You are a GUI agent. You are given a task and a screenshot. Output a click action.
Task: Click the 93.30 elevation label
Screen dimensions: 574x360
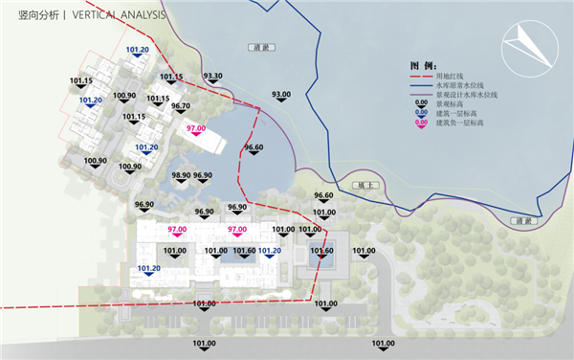(213, 76)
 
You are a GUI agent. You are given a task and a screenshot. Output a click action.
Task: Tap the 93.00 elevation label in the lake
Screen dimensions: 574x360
(281, 94)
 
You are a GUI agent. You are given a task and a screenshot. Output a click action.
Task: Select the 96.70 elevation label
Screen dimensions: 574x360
(181, 106)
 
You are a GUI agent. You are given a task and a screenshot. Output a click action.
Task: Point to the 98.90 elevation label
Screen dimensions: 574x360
(180, 175)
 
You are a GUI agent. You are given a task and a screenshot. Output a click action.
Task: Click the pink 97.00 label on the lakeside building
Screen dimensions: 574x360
(197, 128)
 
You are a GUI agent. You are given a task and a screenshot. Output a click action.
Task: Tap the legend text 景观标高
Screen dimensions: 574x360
(451, 103)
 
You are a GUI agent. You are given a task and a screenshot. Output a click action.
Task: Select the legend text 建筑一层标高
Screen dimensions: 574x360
(457, 113)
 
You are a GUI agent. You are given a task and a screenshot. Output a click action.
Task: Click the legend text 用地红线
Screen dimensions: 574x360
(451, 75)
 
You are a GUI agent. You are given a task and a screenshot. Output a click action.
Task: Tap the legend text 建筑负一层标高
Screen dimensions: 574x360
(460, 123)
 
